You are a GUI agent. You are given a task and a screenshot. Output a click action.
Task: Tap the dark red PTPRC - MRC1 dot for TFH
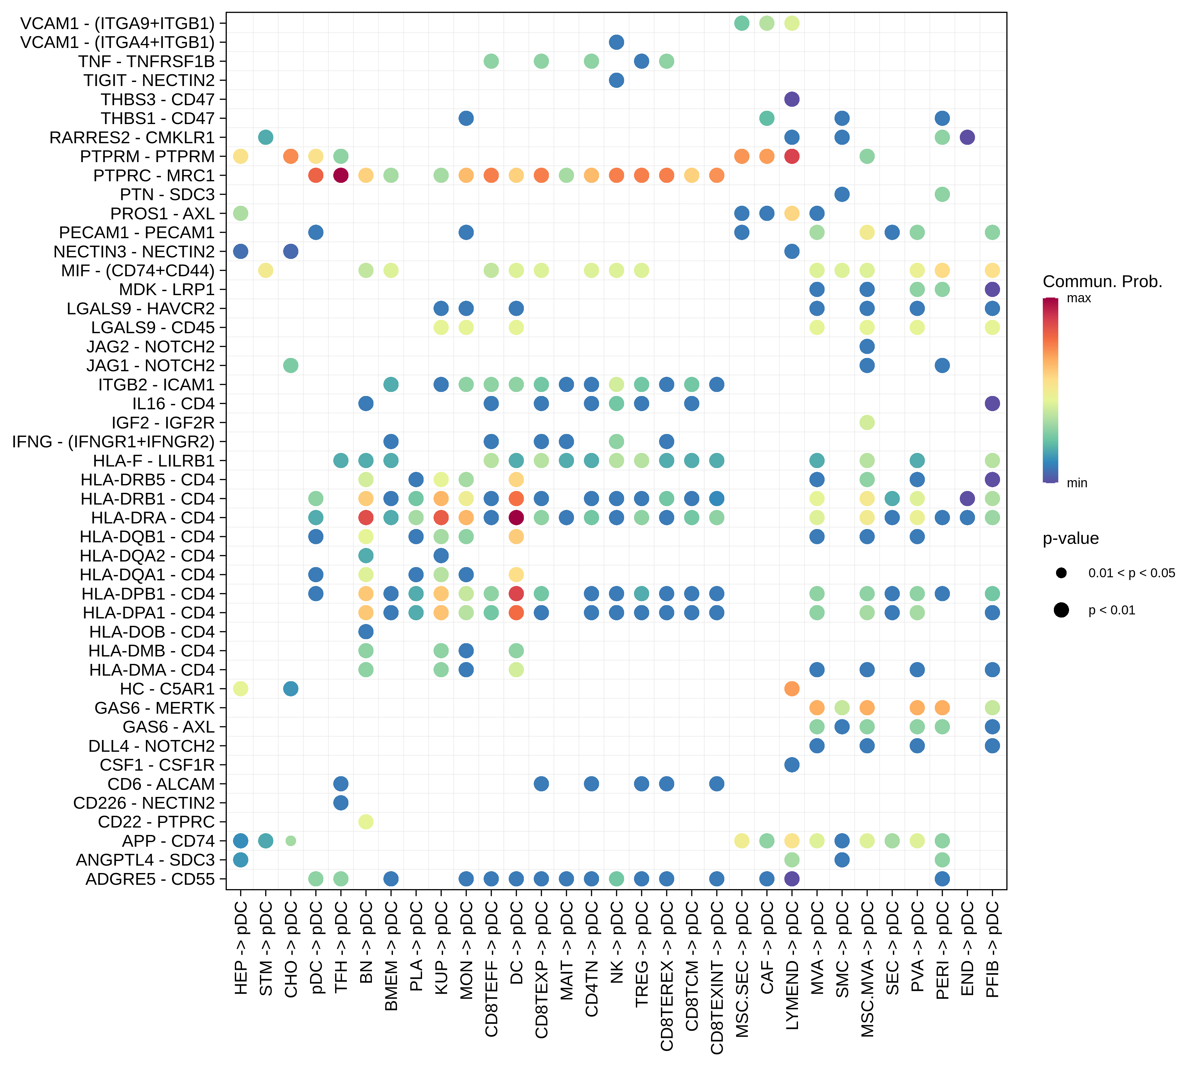click(x=341, y=175)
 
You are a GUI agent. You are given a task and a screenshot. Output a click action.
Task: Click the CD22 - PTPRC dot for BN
click(x=365, y=822)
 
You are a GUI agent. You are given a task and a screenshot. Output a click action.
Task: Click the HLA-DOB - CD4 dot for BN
click(x=365, y=632)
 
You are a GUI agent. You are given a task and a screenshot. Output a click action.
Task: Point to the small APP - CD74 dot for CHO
click(x=290, y=841)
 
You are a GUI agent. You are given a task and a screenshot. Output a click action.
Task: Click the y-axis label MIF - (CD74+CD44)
click(x=138, y=270)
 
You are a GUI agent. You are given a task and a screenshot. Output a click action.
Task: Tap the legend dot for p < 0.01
click(x=1061, y=610)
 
